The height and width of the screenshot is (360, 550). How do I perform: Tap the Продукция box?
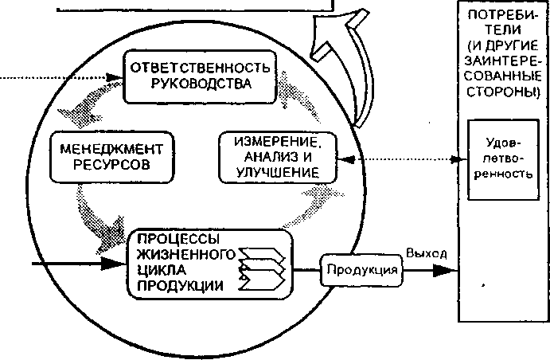click(x=361, y=271)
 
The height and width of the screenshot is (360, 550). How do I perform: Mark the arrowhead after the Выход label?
click(x=445, y=271)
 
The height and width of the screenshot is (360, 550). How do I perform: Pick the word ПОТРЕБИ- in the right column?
click(x=502, y=15)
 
